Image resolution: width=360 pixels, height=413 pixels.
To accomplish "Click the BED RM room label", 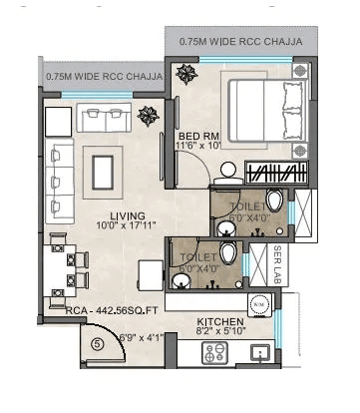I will (193, 136).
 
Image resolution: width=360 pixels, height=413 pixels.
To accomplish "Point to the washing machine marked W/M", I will (258, 302).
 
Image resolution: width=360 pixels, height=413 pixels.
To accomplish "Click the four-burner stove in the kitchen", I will (215, 351).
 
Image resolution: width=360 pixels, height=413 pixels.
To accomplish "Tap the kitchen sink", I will (262, 351).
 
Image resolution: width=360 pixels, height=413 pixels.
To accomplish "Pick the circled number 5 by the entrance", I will (98, 345).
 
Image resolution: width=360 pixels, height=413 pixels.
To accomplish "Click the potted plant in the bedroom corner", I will (186, 74).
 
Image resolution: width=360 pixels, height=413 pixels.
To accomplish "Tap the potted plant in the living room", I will (149, 116).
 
